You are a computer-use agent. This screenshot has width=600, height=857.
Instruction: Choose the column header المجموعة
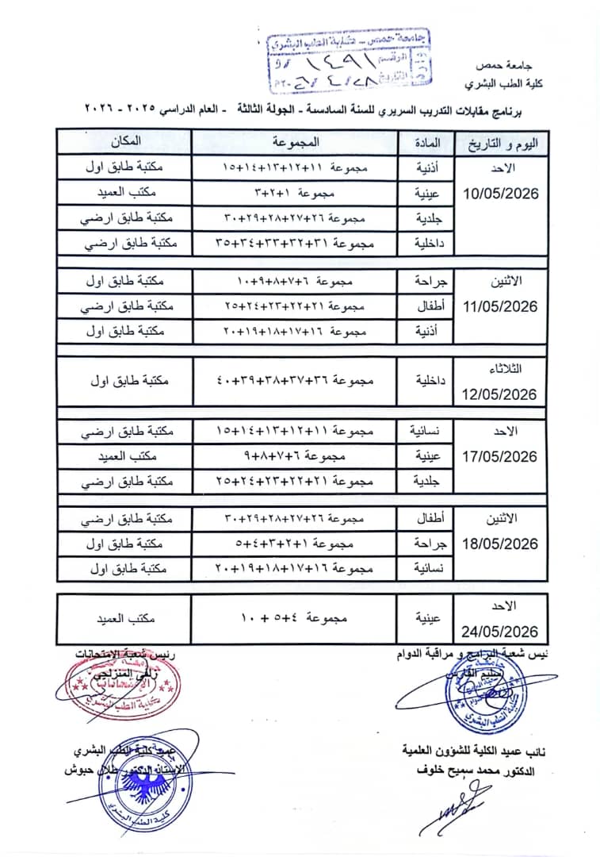point(294,142)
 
